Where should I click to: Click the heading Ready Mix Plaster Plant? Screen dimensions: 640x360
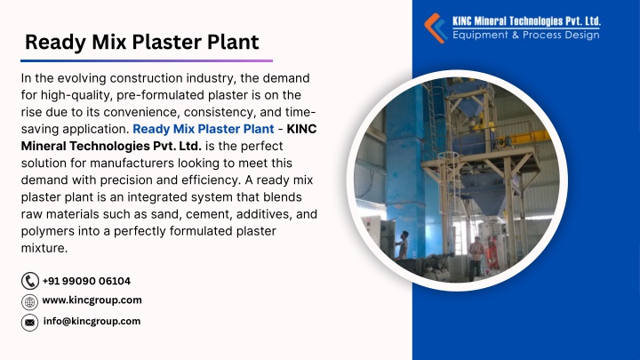click(141, 42)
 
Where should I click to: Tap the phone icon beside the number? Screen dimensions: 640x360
click(30, 281)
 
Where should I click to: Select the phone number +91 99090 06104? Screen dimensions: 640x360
click(86, 281)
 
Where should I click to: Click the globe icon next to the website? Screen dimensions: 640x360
click(29, 302)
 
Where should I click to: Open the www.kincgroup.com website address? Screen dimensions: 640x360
click(92, 300)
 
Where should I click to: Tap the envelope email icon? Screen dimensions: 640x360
click(29, 323)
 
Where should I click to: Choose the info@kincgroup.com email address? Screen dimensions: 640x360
click(92, 321)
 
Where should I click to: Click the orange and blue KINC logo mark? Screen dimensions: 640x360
click(435, 28)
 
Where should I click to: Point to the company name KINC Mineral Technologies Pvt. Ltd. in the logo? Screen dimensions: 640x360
click(526, 21)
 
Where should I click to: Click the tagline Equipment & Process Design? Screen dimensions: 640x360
click(526, 35)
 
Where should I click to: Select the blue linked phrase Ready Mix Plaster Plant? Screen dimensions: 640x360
click(204, 129)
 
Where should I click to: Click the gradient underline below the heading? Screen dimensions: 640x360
click(147, 60)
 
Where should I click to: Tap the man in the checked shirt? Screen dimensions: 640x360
click(476, 258)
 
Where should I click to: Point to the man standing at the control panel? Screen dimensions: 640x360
click(402, 245)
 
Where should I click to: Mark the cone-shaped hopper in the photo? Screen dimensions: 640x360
click(486, 195)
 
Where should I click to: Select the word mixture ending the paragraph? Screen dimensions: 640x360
click(44, 248)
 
